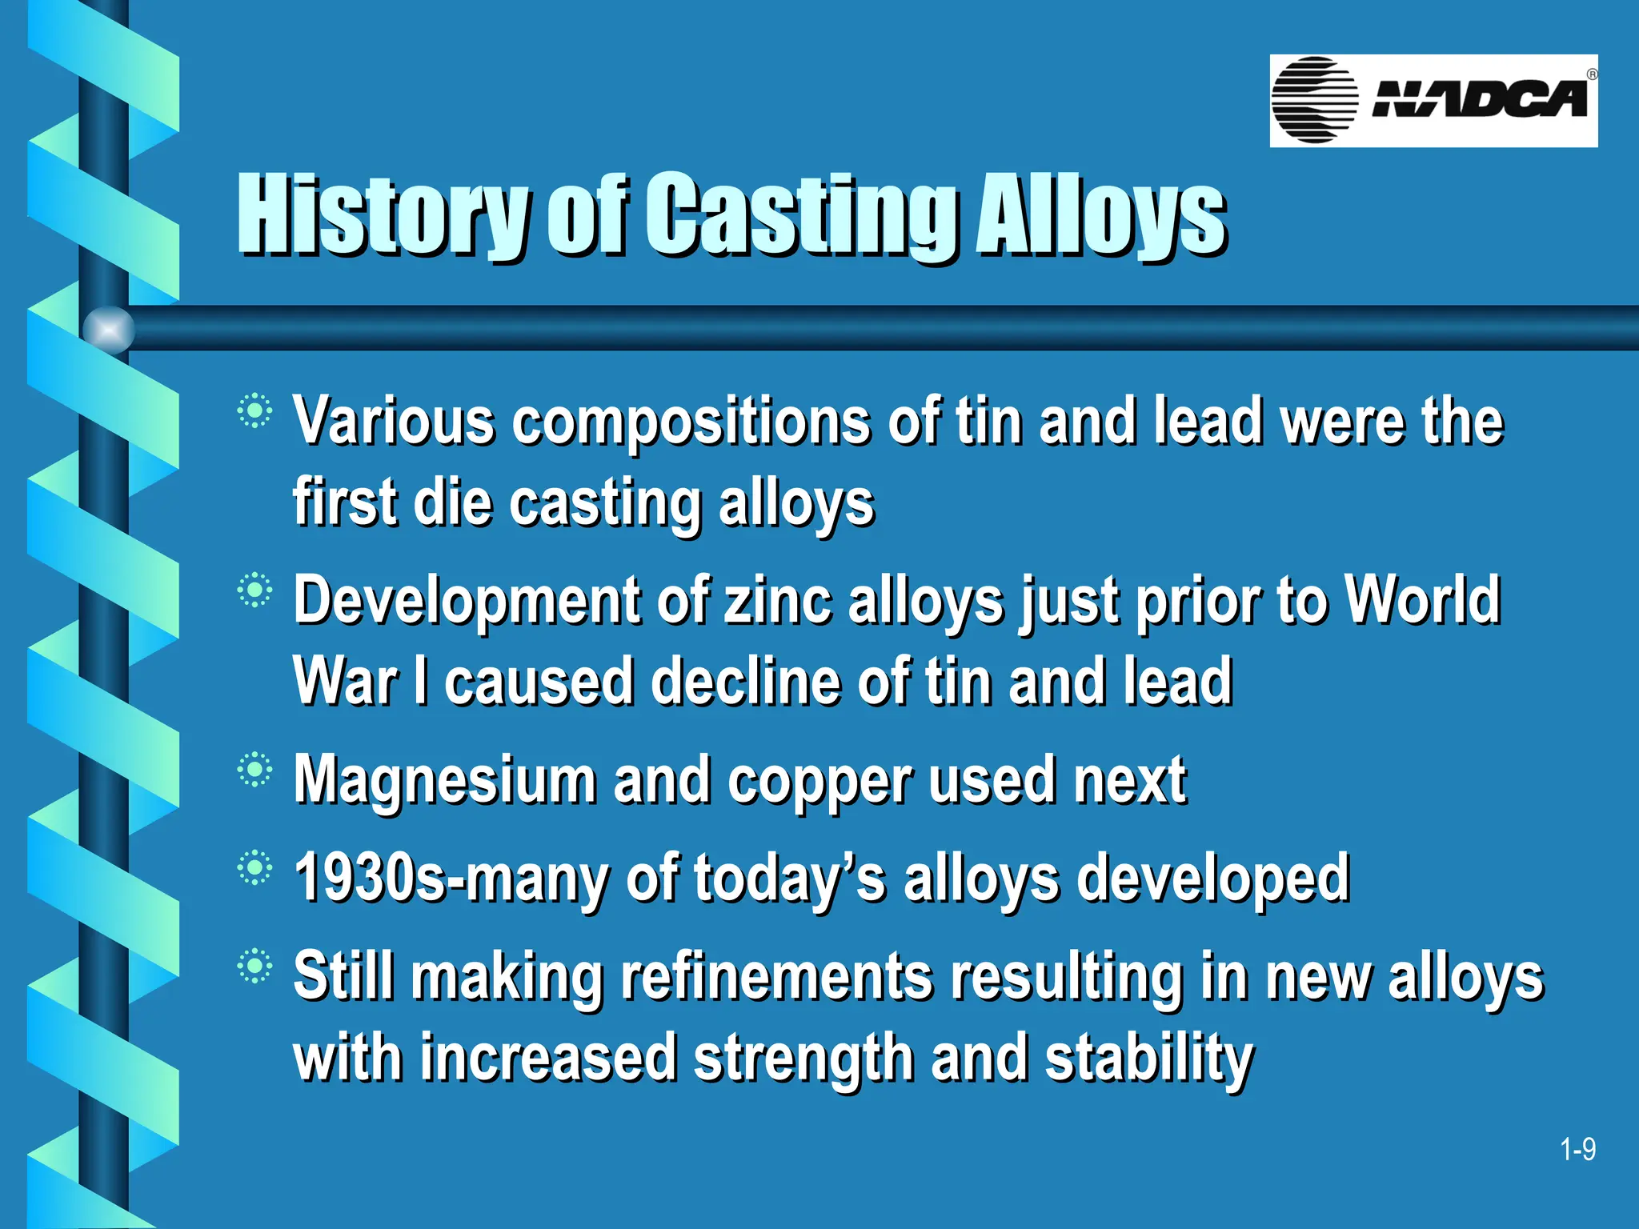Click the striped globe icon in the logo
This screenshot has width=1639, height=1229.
pyautogui.click(x=1314, y=100)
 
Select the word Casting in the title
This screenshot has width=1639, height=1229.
pyautogui.click(x=801, y=214)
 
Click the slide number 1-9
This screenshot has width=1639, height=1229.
pyautogui.click(x=1577, y=1150)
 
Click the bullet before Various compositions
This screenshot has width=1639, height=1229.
pyautogui.click(x=254, y=411)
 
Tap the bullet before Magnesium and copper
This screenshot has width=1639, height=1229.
pyautogui.click(x=254, y=770)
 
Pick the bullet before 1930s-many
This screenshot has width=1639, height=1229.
pyautogui.click(x=254, y=868)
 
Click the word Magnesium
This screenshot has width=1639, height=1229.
pyautogui.click(x=444, y=780)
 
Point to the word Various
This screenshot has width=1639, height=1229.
pyautogui.click(x=394, y=421)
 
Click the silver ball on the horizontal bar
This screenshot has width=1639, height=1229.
pyautogui.click(x=108, y=330)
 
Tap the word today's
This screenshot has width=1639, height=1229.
pyautogui.click(x=789, y=879)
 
